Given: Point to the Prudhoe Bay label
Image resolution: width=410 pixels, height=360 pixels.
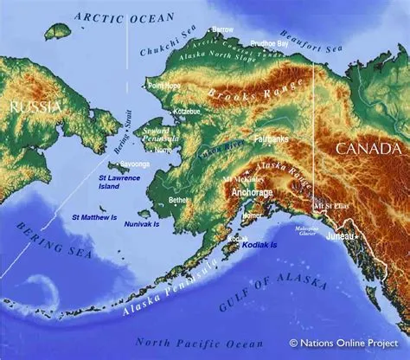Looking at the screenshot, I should pos(269,42).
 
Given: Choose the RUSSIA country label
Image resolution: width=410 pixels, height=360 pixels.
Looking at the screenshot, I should pos(31,106).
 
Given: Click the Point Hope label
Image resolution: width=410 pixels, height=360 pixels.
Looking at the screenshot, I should pos(165,87).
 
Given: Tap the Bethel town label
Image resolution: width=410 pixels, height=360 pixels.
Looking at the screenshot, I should pos(178,199).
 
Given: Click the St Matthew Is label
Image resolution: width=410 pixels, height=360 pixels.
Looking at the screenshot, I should pos(94,217).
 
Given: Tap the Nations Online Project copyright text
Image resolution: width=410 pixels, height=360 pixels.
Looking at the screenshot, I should pos(345,344).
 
